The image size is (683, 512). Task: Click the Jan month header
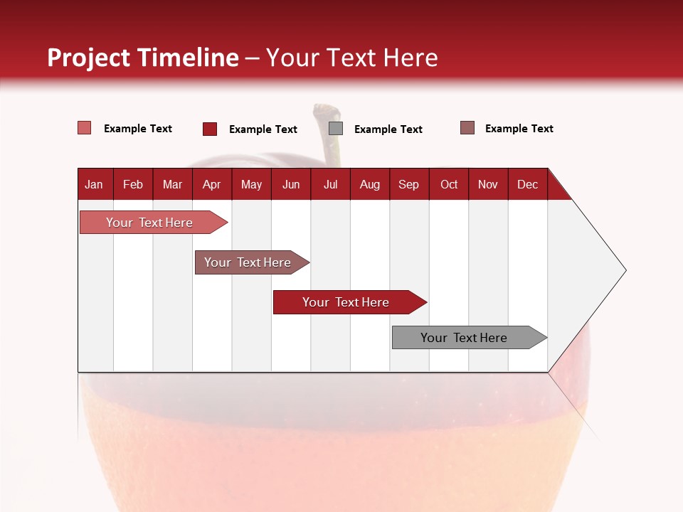(x=94, y=184)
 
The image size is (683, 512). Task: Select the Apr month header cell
(x=212, y=184)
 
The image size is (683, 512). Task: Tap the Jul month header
(x=330, y=184)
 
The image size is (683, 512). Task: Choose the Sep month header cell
(x=408, y=184)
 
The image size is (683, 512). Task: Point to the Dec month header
(x=527, y=184)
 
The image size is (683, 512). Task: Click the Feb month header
(x=133, y=184)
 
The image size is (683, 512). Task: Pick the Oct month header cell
(x=449, y=184)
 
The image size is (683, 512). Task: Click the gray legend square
(x=336, y=129)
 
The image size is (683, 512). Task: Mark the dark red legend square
(x=210, y=129)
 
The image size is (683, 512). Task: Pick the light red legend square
(x=85, y=128)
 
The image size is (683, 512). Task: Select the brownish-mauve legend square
(x=467, y=128)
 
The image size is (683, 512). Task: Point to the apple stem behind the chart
(x=330, y=135)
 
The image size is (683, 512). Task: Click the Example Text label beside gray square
(x=388, y=129)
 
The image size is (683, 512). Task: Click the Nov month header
(x=488, y=184)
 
